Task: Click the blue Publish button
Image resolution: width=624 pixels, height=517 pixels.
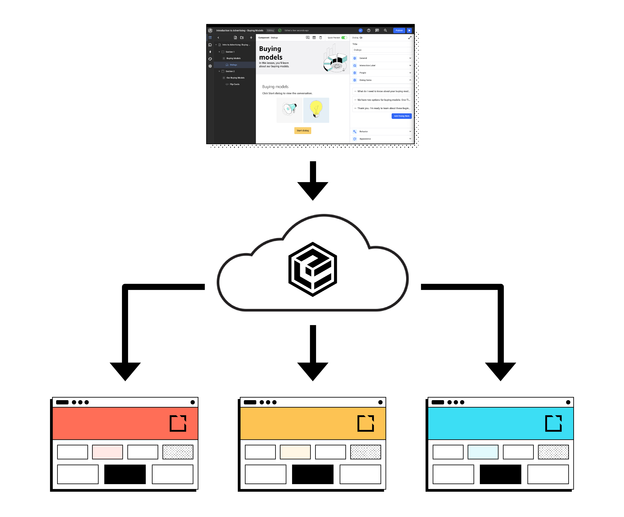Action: pyautogui.click(x=399, y=30)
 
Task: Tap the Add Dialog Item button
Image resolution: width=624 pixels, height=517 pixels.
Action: pyautogui.click(x=401, y=116)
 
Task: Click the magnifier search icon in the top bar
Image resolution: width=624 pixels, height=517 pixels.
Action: pyautogui.click(x=385, y=30)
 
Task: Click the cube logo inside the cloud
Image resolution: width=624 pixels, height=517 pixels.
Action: pyautogui.click(x=313, y=269)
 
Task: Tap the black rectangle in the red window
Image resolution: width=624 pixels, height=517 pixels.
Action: pyautogui.click(x=125, y=474)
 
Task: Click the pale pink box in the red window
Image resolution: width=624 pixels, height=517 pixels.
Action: pyautogui.click(x=108, y=452)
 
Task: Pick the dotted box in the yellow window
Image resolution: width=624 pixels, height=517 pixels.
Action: pyautogui.click(x=365, y=452)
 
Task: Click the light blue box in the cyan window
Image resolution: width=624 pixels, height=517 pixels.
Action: pyautogui.click(x=483, y=452)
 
